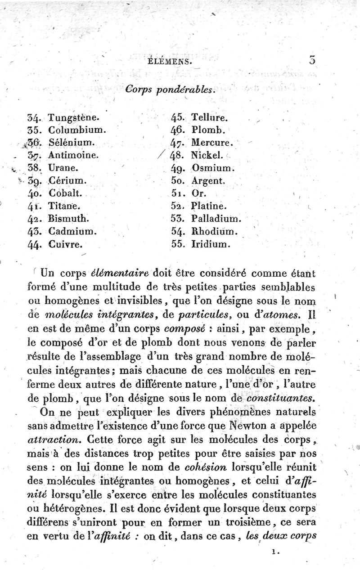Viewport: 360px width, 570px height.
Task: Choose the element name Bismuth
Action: [70, 220]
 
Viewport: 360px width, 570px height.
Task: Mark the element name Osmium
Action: [211, 168]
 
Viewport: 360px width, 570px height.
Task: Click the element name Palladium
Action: [216, 220]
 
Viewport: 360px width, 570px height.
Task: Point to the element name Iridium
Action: [211, 246]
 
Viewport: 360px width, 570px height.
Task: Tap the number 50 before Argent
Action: [178, 181]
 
